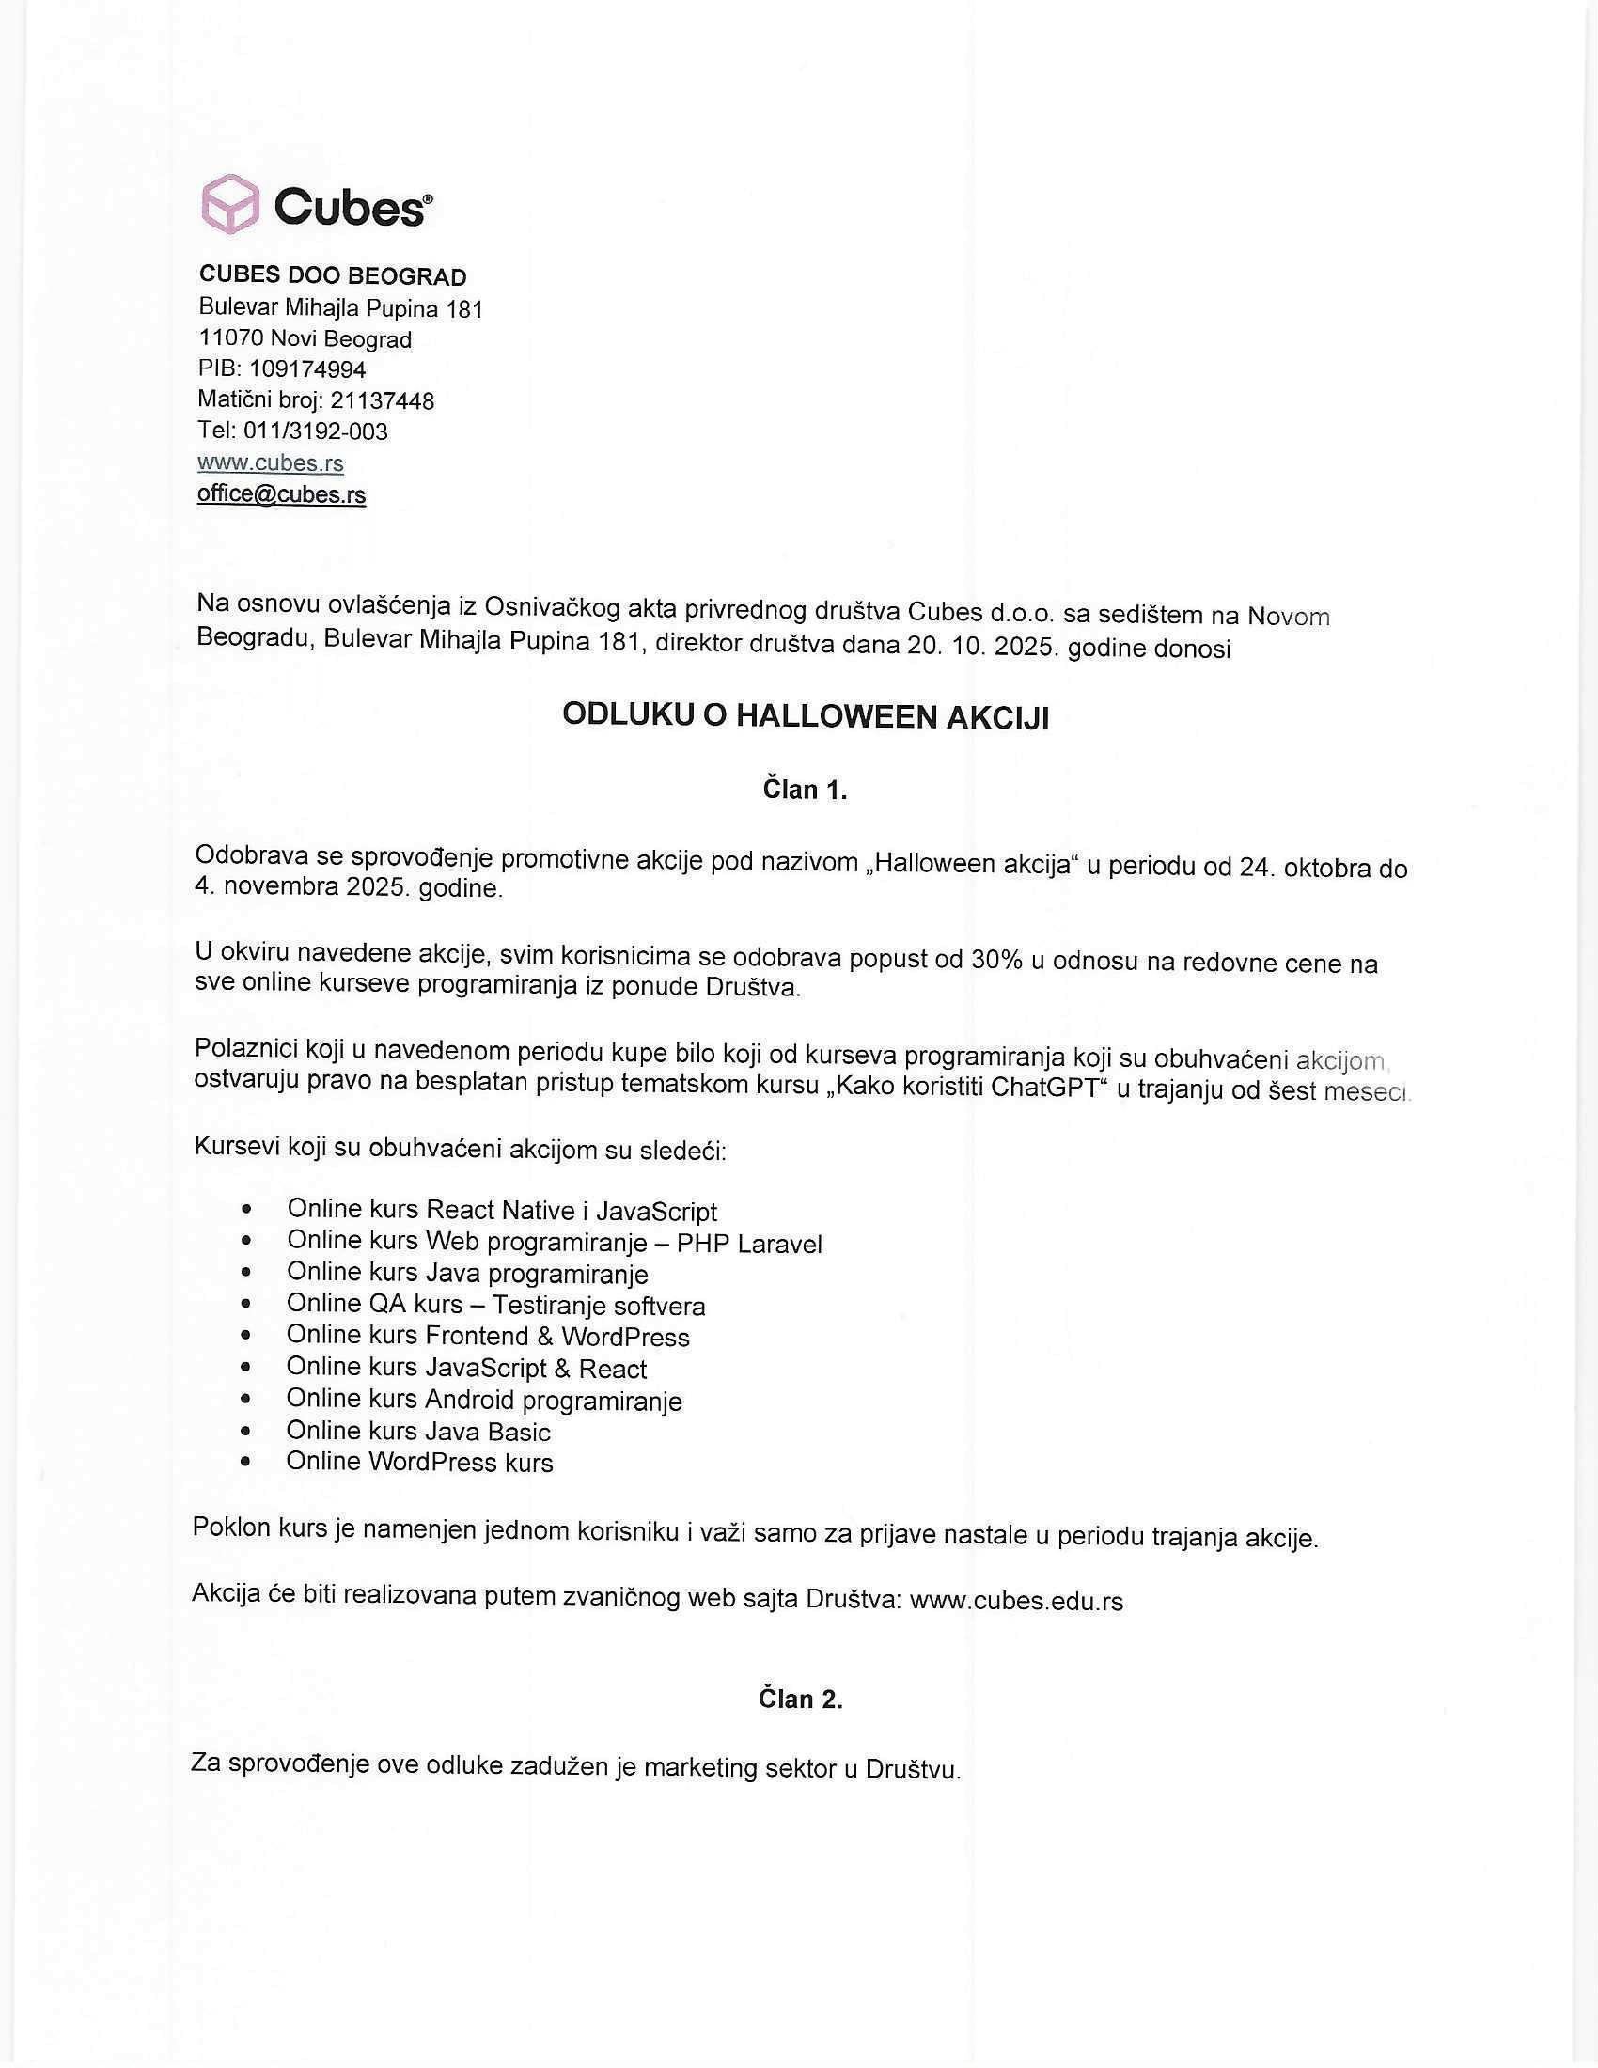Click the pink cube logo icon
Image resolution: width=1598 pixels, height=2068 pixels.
(230, 204)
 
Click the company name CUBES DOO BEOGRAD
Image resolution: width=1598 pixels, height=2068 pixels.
(332, 275)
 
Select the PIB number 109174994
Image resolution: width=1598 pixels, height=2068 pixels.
(306, 369)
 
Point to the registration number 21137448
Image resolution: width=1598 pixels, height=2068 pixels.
(382, 400)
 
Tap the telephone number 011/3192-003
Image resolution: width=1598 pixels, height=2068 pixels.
(315, 431)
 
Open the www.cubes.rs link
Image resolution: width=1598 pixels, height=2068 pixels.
(271, 463)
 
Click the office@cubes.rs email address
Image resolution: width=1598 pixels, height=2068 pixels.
(281, 494)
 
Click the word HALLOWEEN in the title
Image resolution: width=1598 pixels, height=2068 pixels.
(833, 716)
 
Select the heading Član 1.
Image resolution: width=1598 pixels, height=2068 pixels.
(805, 790)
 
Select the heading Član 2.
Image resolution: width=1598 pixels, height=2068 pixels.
(800, 1699)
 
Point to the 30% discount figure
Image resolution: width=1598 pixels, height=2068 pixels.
(995, 960)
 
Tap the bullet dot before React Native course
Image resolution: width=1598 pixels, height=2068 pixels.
(247, 1209)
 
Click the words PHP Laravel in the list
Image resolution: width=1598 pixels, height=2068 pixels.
(749, 1244)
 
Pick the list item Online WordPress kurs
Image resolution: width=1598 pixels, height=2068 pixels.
(419, 1462)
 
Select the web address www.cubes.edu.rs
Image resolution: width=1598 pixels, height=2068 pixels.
(1016, 1601)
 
